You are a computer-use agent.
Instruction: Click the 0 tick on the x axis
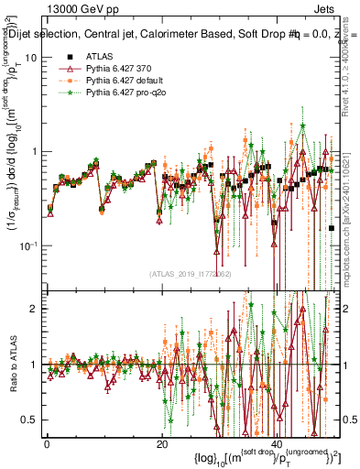pyautogui.click(x=47, y=444)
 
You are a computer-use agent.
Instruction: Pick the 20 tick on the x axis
pyautogui.click(x=161, y=444)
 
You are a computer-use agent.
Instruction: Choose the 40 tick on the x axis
pyautogui.click(x=276, y=444)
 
